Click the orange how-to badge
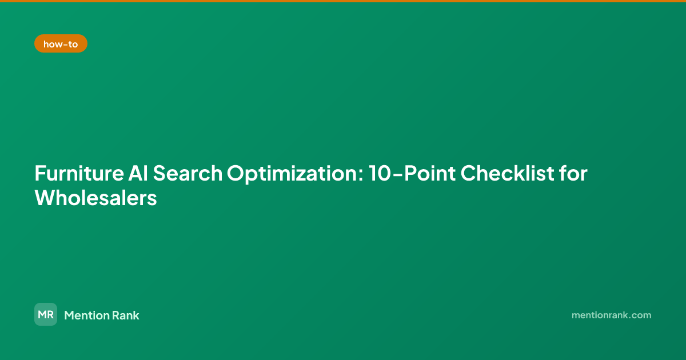[x=61, y=43]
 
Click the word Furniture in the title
[x=79, y=173]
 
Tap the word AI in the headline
[x=138, y=173]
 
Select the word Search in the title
[x=188, y=173]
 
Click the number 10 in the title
[x=380, y=173]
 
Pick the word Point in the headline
[x=430, y=173]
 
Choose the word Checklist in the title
[x=508, y=173]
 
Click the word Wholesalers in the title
[x=96, y=198]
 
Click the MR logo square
[x=46, y=314]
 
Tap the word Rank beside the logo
[x=126, y=315]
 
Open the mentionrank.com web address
[x=611, y=315]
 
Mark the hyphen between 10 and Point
[x=397, y=174]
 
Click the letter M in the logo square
[x=42, y=314]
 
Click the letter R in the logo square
[x=50, y=314]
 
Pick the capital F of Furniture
[x=40, y=173]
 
